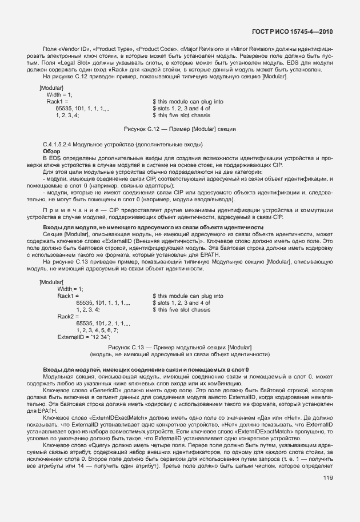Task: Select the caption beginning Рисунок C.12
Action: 179,130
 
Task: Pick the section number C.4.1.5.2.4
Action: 62,144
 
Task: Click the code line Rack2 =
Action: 68,316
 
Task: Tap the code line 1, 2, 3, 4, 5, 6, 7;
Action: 97,330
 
